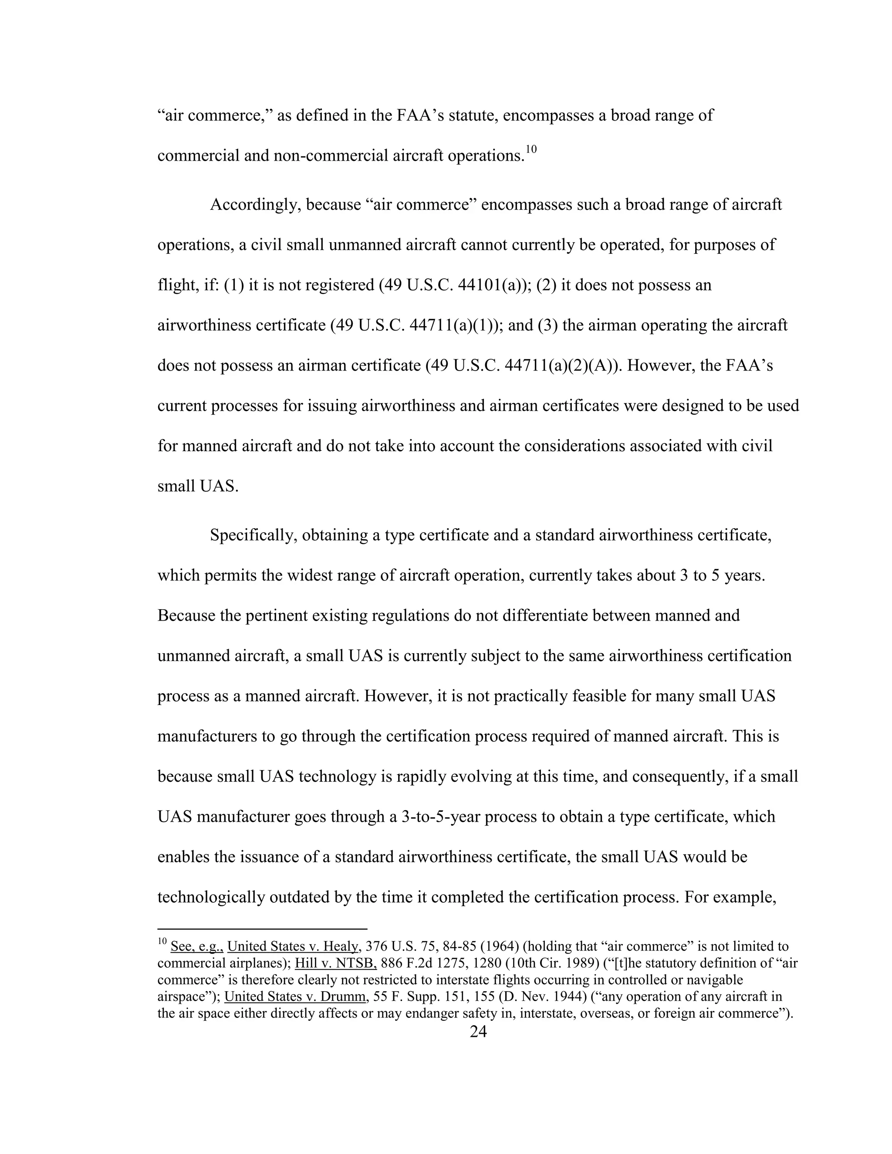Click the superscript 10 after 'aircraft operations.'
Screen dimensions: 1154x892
[530, 149]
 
